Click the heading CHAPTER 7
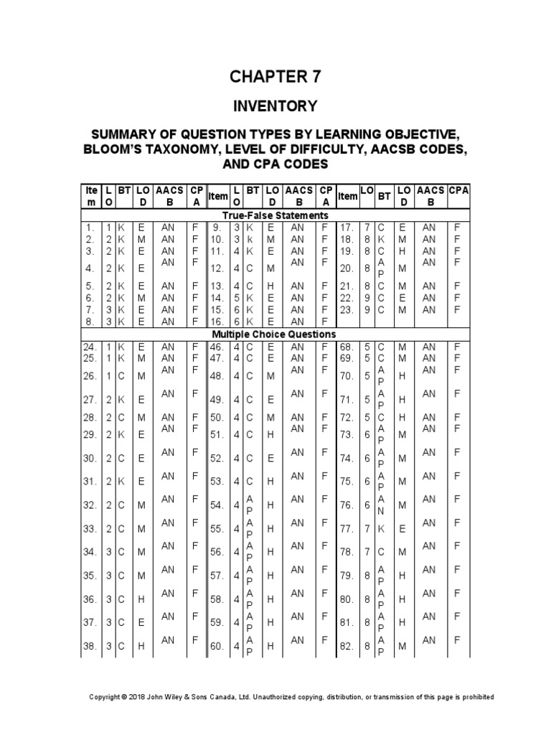point(276,78)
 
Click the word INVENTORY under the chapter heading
point(276,106)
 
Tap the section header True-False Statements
point(276,215)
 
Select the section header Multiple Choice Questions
point(276,334)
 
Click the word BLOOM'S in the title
point(120,149)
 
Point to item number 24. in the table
point(90,346)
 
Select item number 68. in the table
point(347,346)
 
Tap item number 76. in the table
point(347,505)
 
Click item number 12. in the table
point(217,268)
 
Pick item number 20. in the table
point(347,268)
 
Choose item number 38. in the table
point(90,646)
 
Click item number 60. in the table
point(217,646)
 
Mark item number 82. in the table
point(347,646)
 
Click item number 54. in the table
point(217,505)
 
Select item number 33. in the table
point(90,529)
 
